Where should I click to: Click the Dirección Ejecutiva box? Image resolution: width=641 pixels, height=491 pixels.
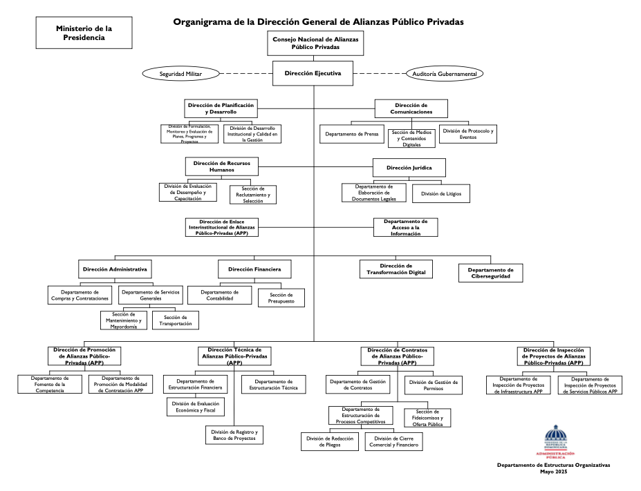[313, 74]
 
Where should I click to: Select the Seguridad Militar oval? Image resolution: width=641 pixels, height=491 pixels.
[180, 73]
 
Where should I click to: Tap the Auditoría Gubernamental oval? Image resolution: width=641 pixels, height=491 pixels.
[445, 74]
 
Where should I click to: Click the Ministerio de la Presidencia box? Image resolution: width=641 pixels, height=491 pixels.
[84, 33]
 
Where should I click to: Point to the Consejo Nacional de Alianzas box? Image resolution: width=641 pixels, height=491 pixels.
[316, 44]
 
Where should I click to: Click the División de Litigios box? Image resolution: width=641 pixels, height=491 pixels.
[441, 194]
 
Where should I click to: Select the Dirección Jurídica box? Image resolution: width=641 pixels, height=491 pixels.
[408, 166]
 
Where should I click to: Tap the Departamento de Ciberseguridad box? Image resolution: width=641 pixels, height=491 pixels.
[490, 273]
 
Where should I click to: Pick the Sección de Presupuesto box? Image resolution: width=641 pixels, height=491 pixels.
[281, 298]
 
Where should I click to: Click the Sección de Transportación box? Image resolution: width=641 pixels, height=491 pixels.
[176, 320]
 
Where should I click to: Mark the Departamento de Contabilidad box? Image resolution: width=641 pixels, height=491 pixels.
[220, 295]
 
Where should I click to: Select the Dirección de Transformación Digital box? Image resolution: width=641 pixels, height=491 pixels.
[396, 269]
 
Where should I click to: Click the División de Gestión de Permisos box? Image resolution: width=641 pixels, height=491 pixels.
[435, 385]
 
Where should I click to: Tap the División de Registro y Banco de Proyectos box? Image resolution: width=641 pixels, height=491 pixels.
[234, 435]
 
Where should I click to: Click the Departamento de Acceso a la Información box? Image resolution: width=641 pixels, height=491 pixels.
[405, 227]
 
